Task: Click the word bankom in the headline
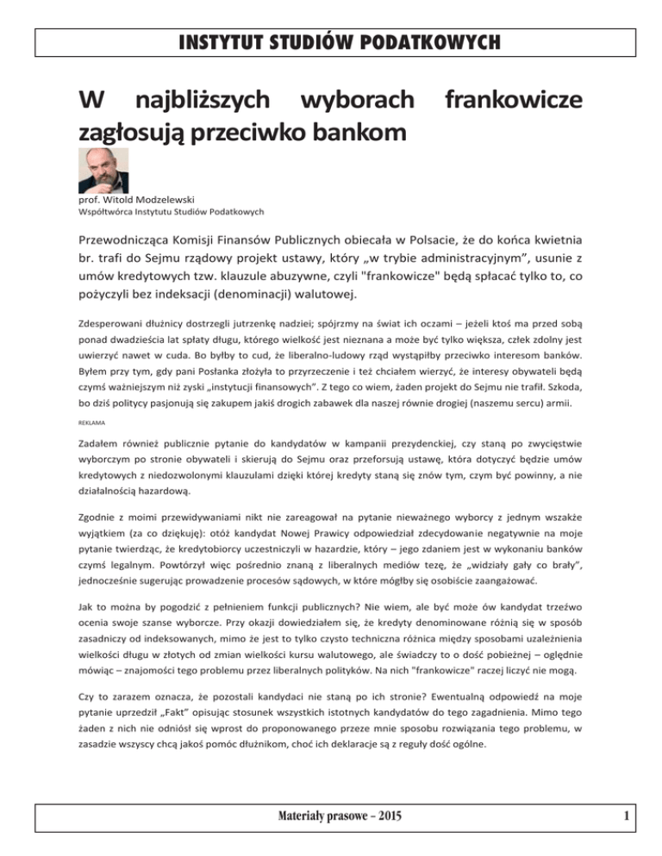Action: coord(334,133)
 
